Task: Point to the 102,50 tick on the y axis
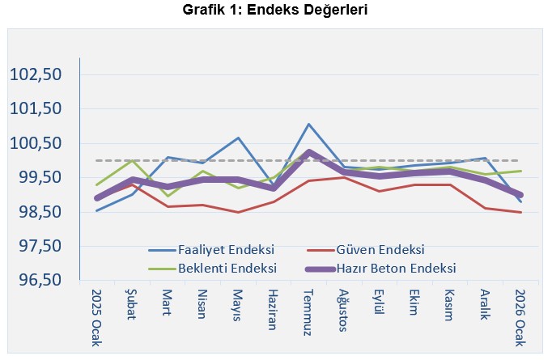click(x=36, y=74)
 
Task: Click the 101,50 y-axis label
click(x=36, y=108)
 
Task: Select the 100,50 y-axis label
click(x=36, y=143)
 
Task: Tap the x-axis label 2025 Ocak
click(x=96, y=317)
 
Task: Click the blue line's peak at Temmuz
click(x=308, y=124)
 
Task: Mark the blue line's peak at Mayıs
click(x=238, y=138)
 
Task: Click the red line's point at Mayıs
click(x=238, y=212)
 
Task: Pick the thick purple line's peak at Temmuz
click(x=308, y=151)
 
